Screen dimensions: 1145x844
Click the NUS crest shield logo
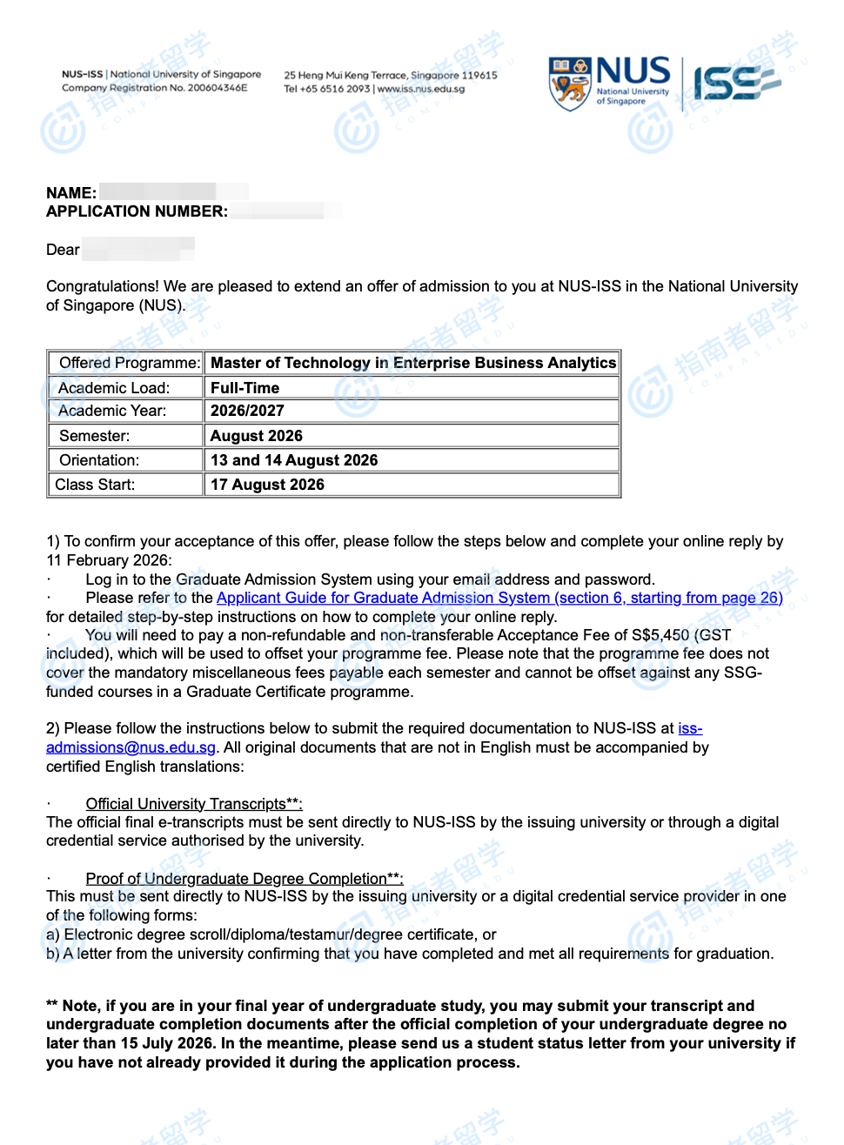570,84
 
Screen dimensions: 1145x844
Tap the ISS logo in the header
736,84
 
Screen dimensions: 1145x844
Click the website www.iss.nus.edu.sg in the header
421,89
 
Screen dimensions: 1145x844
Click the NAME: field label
71,193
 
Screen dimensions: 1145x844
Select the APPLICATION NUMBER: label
137,211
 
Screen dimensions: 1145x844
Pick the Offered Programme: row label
130,363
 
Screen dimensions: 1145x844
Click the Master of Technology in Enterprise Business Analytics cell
413,363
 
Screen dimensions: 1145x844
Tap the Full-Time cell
245,388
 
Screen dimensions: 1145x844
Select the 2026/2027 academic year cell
247,411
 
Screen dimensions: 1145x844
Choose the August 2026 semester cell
257,436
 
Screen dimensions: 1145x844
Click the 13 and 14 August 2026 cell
294,460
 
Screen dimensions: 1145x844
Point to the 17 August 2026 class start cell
267,485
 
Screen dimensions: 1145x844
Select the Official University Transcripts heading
193,804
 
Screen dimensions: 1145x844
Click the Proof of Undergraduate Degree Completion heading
244,879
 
